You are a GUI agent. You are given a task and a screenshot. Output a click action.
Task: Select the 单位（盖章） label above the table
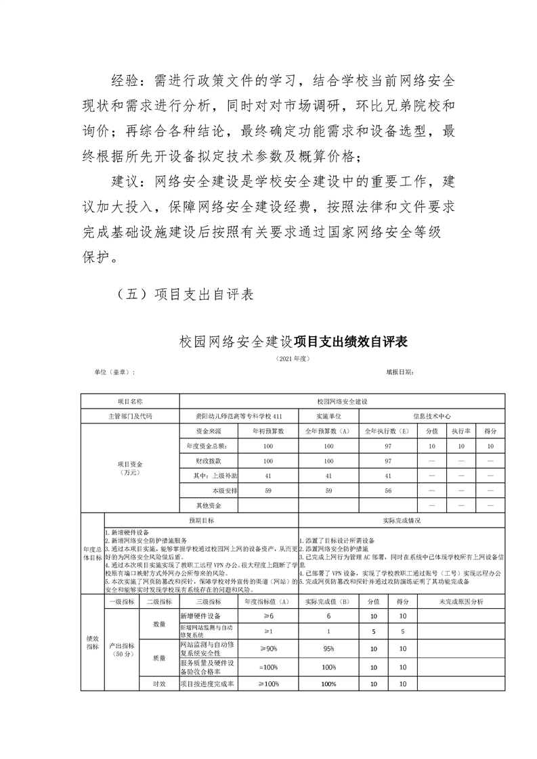(114, 372)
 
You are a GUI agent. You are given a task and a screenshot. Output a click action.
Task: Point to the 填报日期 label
(400, 372)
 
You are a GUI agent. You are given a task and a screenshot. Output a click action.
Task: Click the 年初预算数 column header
(267, 431)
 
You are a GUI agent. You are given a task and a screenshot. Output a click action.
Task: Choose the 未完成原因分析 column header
(461, 601)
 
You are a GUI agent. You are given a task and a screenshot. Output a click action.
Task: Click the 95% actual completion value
(328, 648)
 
